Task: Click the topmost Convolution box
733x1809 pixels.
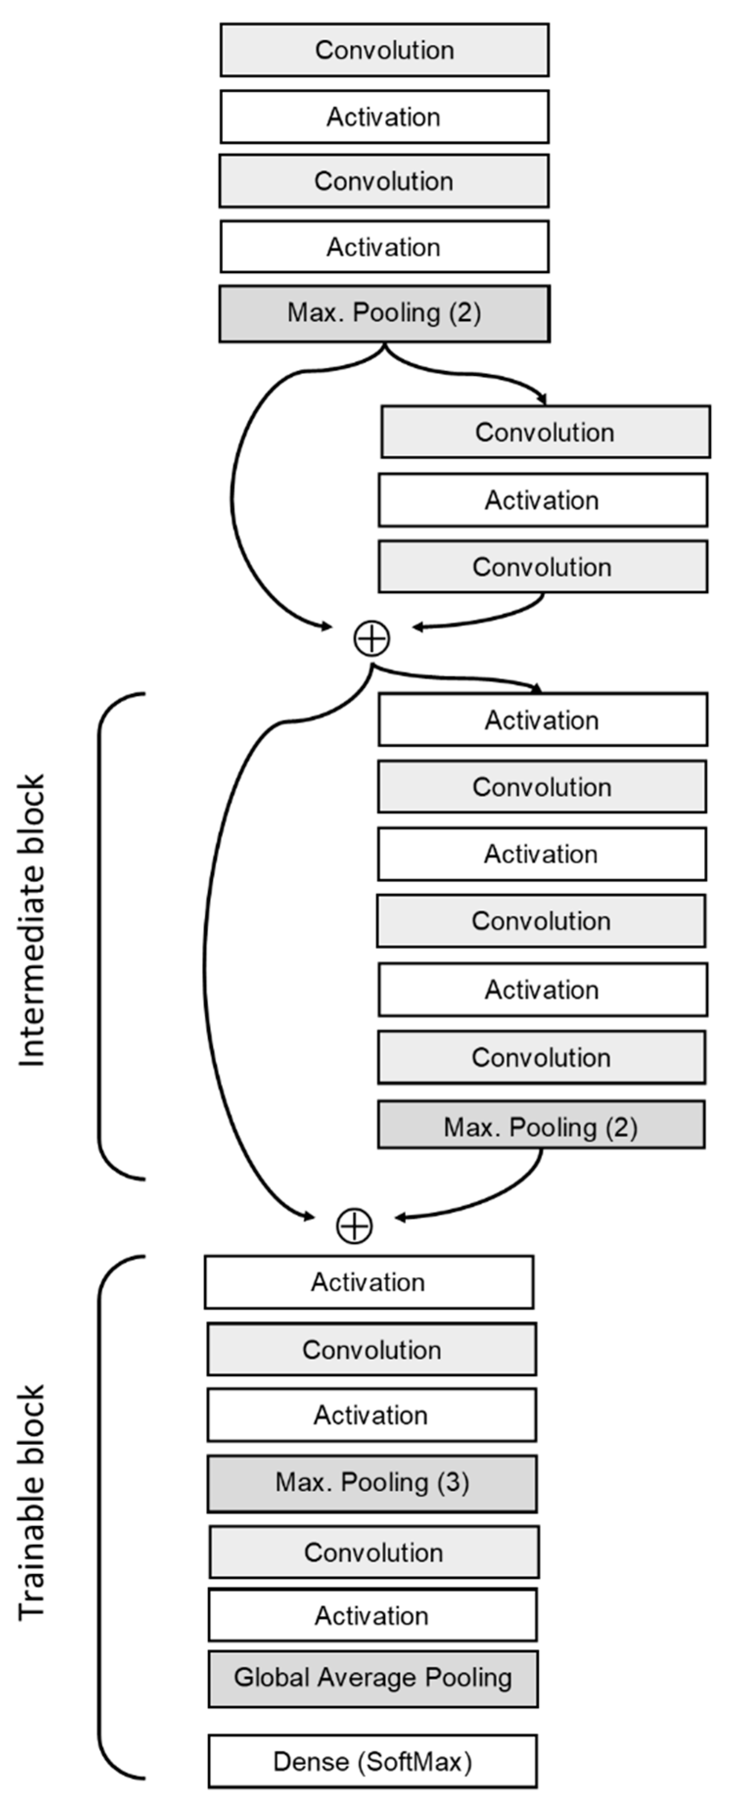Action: click(384, 50)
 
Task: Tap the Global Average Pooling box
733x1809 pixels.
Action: click(373, 1678)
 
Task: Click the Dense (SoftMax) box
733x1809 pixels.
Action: click(373, 1761)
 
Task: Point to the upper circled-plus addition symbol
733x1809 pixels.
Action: click(371, 639)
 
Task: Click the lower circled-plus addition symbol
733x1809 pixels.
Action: click(355, 1226)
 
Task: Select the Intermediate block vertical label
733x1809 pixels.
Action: click(32, 920)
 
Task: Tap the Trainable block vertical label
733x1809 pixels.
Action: click(32, 1503)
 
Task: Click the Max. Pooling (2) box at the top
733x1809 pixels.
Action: click(384, 313)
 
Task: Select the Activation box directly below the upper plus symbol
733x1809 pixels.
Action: click(542, 720)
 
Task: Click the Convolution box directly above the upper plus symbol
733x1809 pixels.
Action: click(542, 567)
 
